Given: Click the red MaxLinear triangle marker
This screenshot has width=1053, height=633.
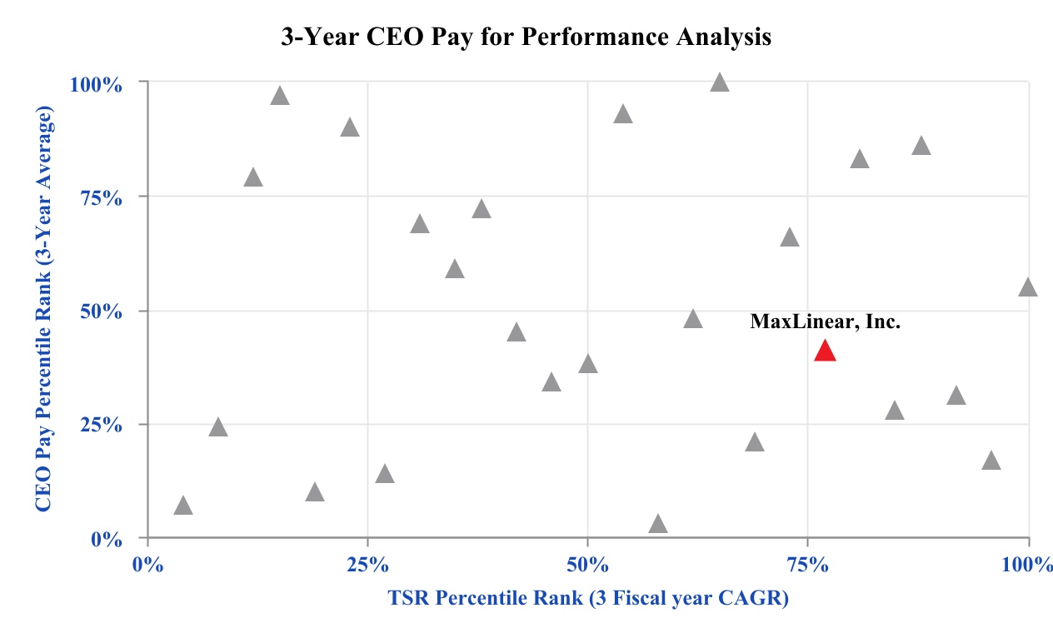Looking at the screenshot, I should (x=825, y=351).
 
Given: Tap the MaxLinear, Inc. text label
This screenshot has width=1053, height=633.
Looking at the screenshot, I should (x=825, y=321).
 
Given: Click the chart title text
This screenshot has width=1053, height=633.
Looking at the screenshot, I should (x=526, y=37).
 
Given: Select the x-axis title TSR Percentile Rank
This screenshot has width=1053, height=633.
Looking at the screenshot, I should (x=587, y=598).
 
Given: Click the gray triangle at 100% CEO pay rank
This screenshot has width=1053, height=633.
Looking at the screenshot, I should (x=720, y=82).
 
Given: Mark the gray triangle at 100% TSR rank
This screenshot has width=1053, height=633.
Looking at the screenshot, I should (x=1028, y=288).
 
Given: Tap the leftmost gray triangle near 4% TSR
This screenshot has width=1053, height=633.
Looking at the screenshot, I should (x=183, y=506).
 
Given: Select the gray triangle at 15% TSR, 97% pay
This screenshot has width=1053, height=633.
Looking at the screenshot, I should (x=280, y=97).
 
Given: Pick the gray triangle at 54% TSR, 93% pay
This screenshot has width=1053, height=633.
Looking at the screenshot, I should (x=623, y=115).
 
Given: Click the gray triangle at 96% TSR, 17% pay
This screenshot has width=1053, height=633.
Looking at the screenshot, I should (x=991, y=461).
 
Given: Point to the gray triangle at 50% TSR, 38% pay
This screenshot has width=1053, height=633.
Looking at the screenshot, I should (x=588, y=365).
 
